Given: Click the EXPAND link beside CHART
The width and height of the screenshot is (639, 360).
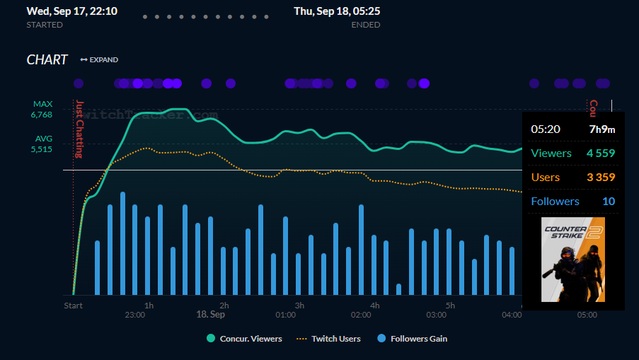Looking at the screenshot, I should (100, 60).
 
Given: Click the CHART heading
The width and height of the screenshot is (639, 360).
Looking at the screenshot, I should (47, 60).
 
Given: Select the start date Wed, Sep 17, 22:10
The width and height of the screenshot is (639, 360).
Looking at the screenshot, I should (72, 12).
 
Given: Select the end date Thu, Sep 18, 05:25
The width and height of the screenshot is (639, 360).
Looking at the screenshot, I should (337, 12).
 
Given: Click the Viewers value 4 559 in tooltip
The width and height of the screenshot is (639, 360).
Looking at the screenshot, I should (600, 153).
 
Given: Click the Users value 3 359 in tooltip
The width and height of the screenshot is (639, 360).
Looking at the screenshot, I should (600, 177).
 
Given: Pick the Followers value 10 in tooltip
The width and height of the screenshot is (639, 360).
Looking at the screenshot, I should (609, 202).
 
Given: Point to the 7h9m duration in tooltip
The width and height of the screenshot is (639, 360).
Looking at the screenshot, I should (602, 129).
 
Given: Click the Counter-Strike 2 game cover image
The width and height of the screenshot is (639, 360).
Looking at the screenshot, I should (573, 260).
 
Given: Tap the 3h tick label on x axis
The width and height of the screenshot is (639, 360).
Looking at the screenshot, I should (299, 306).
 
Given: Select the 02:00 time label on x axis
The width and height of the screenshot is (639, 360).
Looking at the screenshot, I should (360, 315).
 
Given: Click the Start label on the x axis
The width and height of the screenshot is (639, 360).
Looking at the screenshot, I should (74, 306).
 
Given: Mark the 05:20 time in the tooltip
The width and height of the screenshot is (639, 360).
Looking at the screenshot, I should (546, 129).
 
